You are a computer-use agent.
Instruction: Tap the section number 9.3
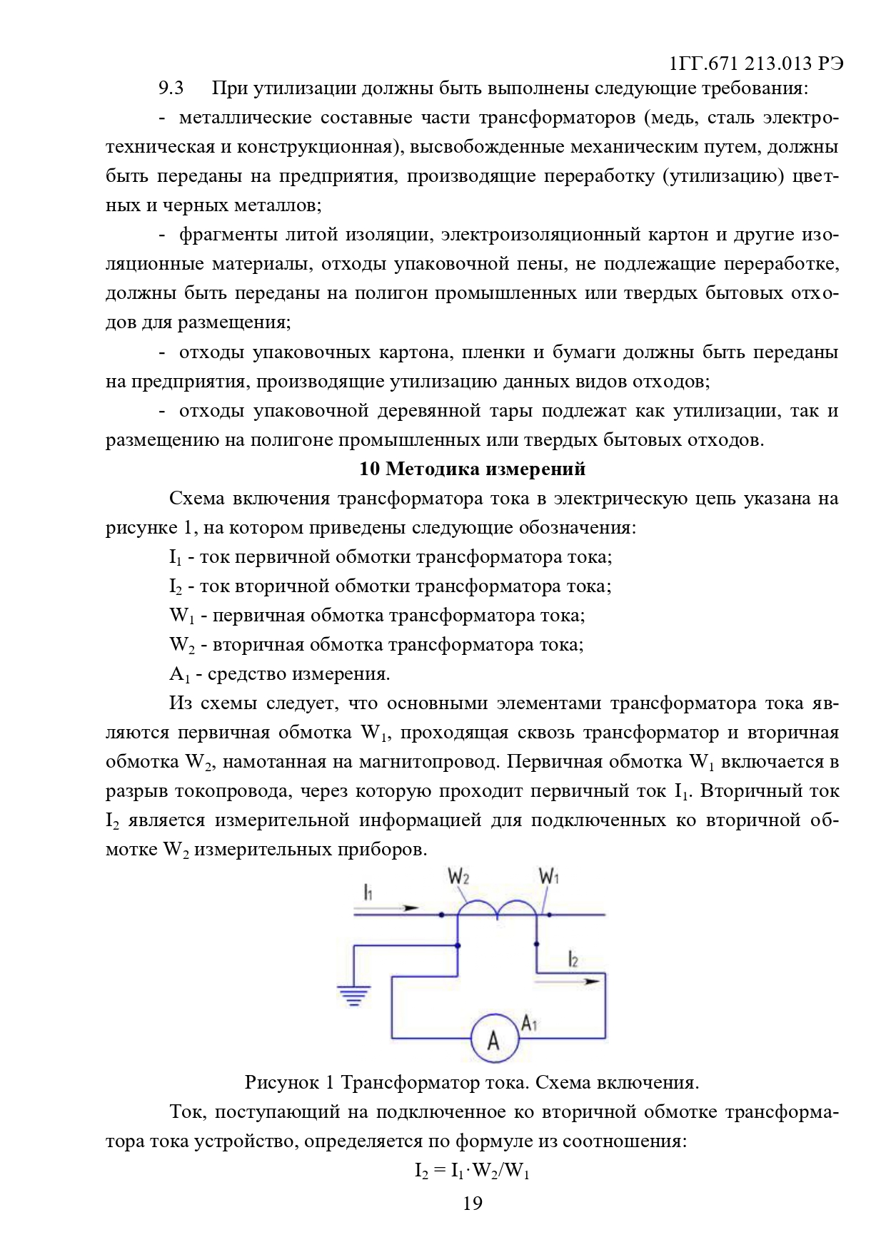point(171,88)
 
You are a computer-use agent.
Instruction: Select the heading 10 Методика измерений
point(472,469)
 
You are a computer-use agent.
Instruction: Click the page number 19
point(473,1203)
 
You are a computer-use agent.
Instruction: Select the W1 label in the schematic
point(548,876)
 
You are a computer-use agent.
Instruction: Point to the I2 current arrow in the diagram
point(568,981)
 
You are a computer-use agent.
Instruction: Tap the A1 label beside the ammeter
point(529,1024)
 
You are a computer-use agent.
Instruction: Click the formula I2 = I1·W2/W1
point(472,1171)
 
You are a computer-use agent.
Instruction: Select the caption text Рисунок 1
point(289,1083)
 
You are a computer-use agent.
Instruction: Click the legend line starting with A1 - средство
point(279,674)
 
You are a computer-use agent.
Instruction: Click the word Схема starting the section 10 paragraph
point(196,498)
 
